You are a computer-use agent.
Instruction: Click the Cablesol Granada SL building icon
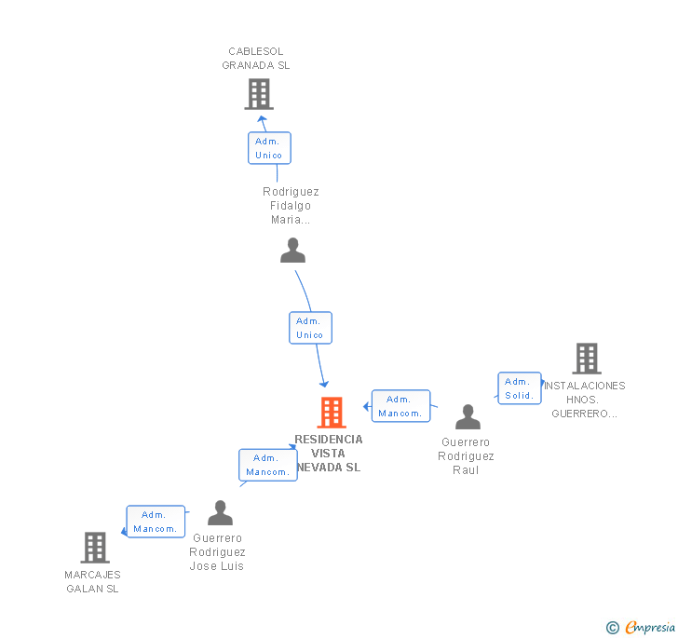[259, 94]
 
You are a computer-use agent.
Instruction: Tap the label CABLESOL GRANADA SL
[256, 59]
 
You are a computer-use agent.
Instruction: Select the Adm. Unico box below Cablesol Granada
[269, 148]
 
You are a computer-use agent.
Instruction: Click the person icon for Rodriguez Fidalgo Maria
[293, 251]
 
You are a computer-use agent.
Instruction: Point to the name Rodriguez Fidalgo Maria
[291, 206]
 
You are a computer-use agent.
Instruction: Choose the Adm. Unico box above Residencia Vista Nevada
[310, 328]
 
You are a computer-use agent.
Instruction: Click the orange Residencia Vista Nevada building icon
[332, 412]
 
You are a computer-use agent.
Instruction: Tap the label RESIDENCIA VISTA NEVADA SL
[329, 454]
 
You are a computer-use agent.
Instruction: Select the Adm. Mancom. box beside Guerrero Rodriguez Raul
[400, 406]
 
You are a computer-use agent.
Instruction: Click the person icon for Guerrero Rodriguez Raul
[468, 417]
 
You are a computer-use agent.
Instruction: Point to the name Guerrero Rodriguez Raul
[466, 456]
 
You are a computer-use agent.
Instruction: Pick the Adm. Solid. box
[519, 388]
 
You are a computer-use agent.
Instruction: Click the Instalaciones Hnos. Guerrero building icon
[587, 359]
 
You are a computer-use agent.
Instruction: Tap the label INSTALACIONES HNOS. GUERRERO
[585, 400]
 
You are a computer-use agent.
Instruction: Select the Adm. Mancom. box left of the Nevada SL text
[267, 465]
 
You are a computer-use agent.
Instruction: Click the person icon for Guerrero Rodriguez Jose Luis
[220, 513]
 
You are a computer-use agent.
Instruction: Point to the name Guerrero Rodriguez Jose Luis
[217, 552]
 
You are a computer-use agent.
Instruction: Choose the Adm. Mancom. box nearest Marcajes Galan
[156, 522]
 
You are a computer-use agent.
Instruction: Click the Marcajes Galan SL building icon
[95, 548]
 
